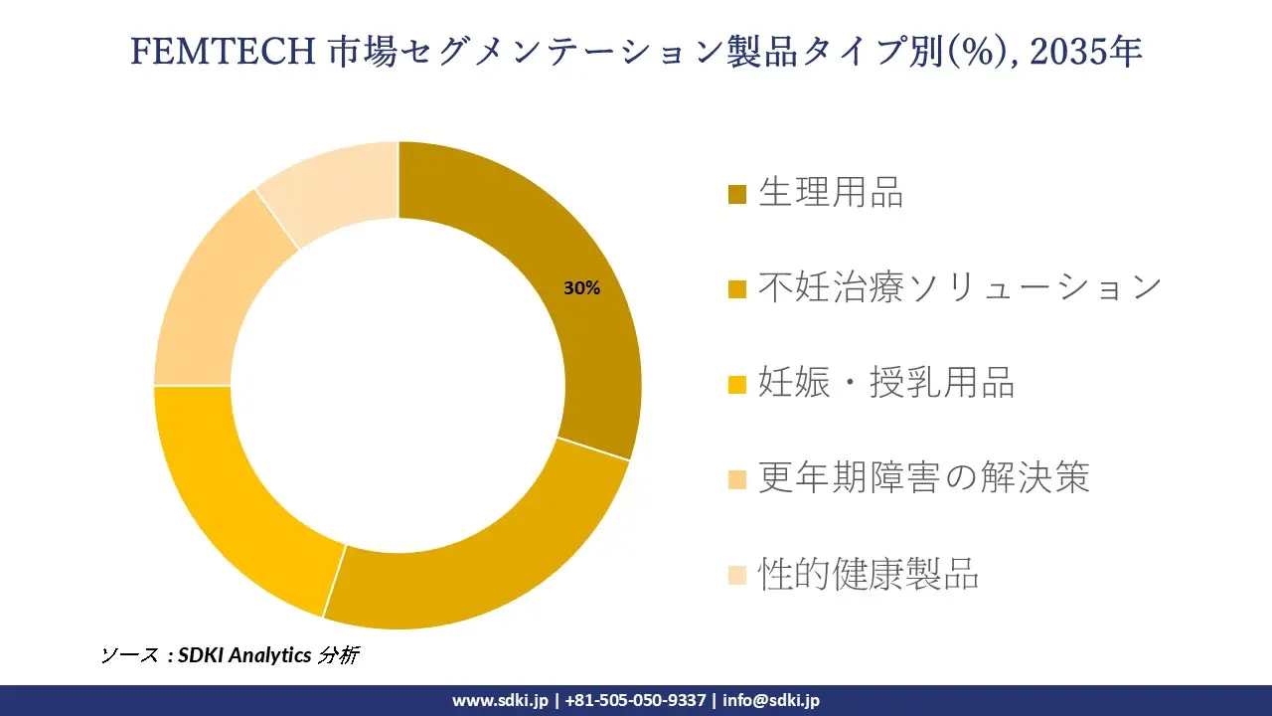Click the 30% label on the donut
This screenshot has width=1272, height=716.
click(x=581, y=288)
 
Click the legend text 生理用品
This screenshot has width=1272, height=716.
click(x=831, y=192)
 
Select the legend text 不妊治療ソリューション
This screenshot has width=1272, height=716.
click(x=960, y=287)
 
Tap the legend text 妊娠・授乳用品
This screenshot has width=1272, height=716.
click(x=886, y=383)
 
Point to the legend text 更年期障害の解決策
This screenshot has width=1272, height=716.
click(x=924, y=478)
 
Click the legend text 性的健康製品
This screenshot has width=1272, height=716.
click(x=869, y=574)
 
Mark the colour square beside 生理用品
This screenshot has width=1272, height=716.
click(x=736, y=194)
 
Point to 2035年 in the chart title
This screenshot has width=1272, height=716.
click(x=1085, y=52)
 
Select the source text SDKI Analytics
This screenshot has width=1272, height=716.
click(x=244, y=655)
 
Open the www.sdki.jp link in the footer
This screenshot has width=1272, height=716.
click(x=500, y=700)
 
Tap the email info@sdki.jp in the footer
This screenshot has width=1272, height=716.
click(x=771, y=700)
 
